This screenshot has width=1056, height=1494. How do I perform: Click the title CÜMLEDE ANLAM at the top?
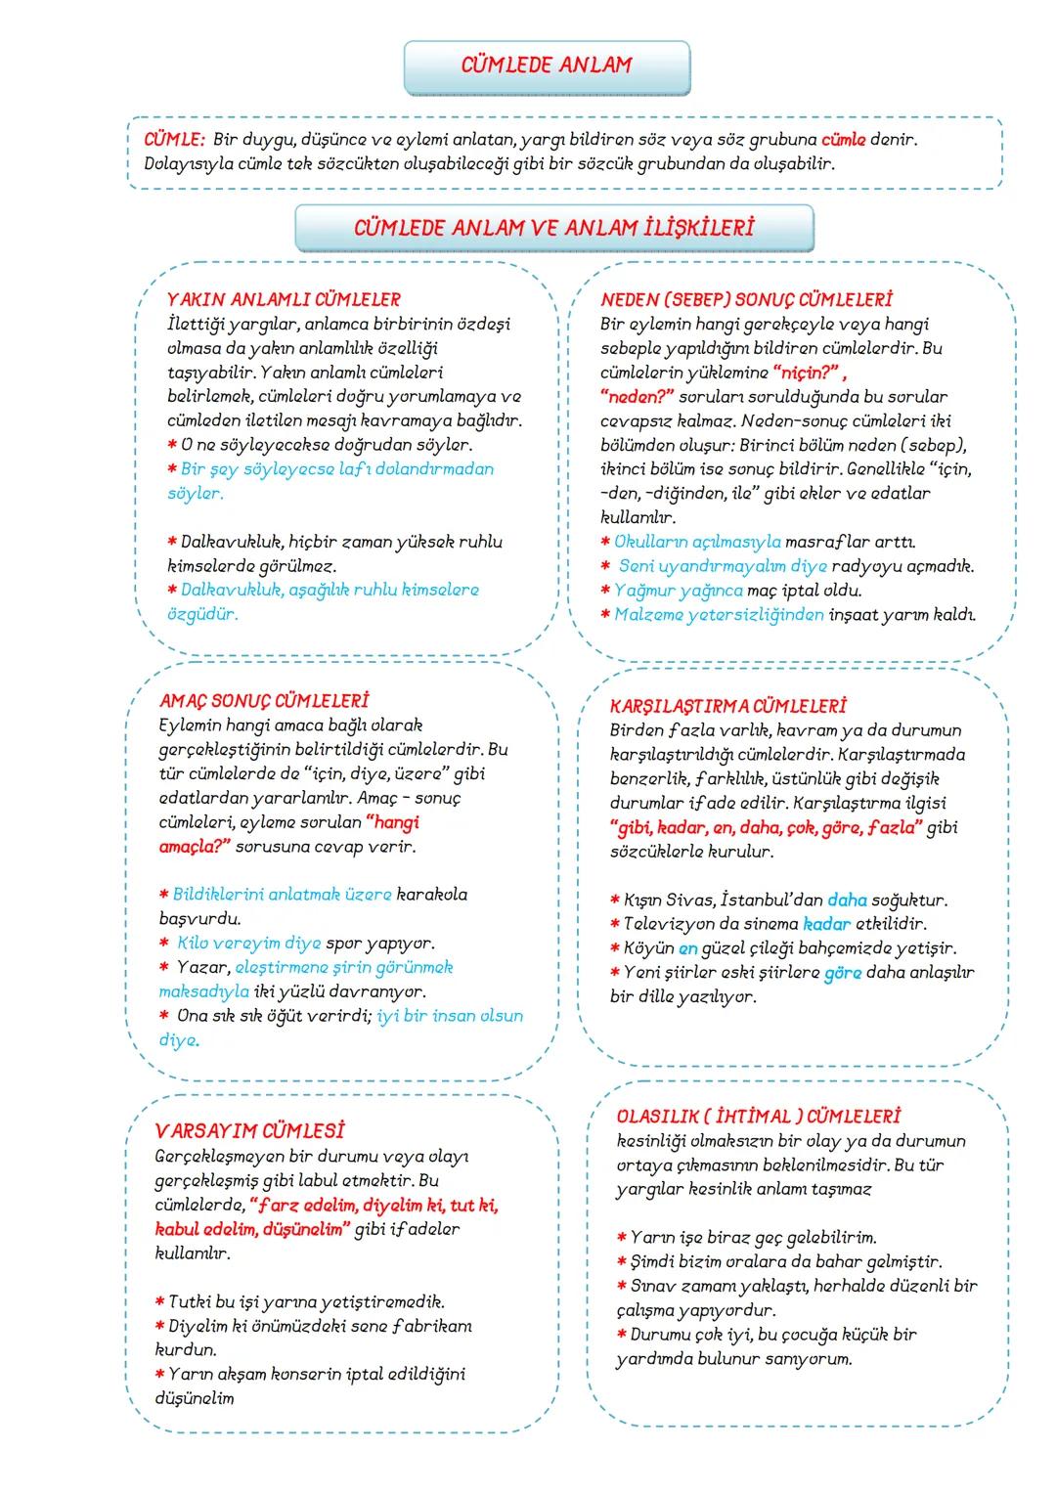point(547,66)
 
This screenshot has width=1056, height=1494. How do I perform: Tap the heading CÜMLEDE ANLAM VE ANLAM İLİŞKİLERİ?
point(553,229)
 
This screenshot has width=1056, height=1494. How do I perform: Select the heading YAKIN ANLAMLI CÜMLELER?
point(284,300)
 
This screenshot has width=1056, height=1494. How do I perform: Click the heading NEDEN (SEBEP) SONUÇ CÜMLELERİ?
point(746,300)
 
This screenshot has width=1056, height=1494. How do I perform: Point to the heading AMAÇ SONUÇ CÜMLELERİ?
point(263,701)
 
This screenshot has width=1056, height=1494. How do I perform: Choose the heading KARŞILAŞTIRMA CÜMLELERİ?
point(727,706)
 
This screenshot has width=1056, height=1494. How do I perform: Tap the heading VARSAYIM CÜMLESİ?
point(250,1131)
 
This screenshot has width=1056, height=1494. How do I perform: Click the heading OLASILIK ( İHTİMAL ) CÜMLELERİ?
point(759,1117)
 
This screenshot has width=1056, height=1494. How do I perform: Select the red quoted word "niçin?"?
point(807,373)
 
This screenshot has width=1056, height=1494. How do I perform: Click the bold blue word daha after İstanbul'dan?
point(847,901)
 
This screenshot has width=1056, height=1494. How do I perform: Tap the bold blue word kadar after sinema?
point(826,924)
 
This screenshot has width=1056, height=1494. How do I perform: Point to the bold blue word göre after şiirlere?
point(842,973)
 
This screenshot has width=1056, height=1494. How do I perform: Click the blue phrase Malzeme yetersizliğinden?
point(719,615)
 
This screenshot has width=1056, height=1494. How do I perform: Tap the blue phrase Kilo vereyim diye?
point(248,944)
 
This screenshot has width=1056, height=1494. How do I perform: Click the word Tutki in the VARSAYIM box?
point(192,1302)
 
